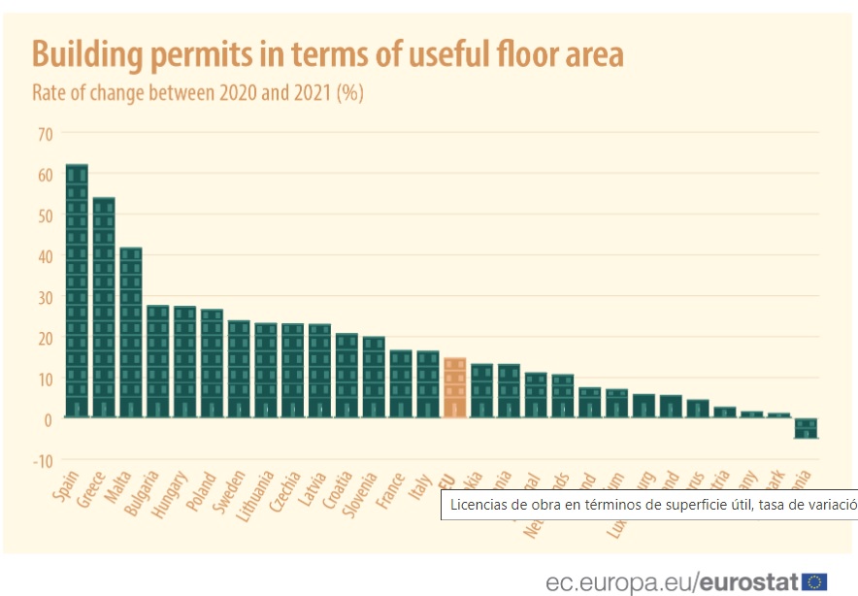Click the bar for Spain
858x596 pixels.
pyautogui.click(x=77, y=291)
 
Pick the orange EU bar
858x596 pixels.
pyautogui.click(x=454, y=388)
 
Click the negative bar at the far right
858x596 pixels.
pyautogui.click(x=807, y=428)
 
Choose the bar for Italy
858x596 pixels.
pyautogui.click(x=428, y=384)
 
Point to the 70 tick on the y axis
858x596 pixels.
pyautogui.click(x=45, y=133)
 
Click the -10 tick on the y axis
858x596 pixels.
pyautogui.click(x=42, y=459)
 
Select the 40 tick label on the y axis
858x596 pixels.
pyautogui.click(x=45, y=255)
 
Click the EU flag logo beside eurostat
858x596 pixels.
pyautogui.click(x=814, y=582)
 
